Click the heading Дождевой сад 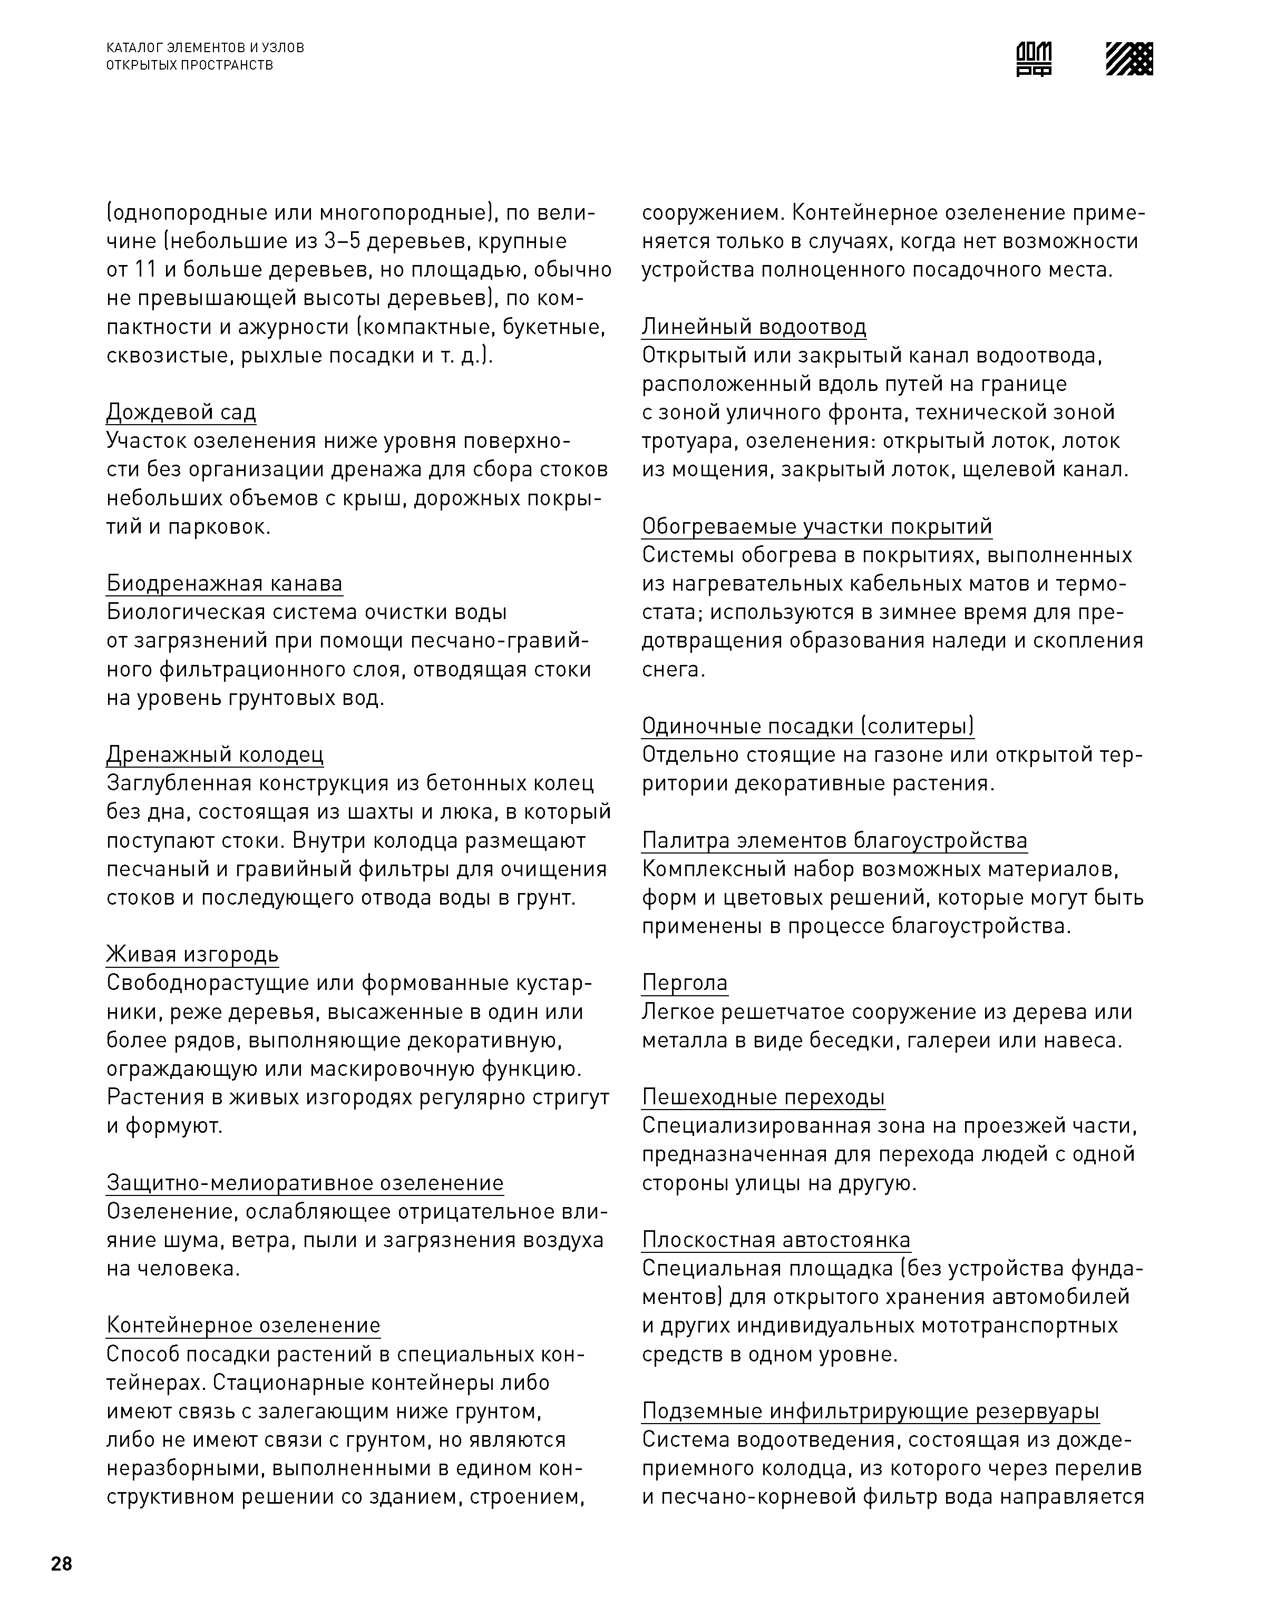tap(181, 411)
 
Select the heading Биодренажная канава tap(224, 583)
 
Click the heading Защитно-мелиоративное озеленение tap(305, 1183)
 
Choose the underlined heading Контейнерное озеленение tap(243, 1325)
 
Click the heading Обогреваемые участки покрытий tap(816, 526)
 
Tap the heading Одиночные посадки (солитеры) tap(807, 725)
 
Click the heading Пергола tap(684, 983)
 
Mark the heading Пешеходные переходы tap(763, 1097)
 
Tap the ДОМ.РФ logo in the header tap(1034, 58)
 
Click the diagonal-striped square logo tap(1129, 58)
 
